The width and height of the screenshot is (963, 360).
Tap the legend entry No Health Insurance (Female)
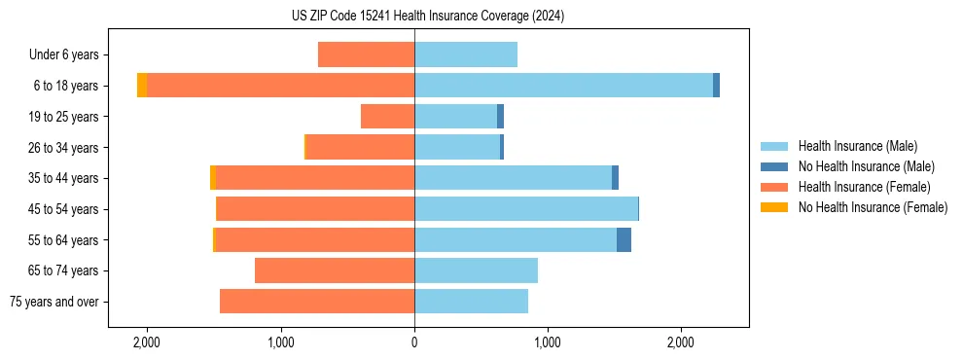[x=873, y=207]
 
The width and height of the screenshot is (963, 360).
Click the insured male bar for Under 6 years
[x=466, y=55]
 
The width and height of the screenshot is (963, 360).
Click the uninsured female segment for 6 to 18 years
[x=142, y=86]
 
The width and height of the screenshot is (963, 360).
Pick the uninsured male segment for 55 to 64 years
[x=624, y=239]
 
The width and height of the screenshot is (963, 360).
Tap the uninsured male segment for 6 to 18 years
[x=716, y=86]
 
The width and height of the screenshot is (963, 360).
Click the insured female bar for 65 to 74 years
[x=335, y=270]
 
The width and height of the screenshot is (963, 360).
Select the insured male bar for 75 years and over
[x=471, y=302]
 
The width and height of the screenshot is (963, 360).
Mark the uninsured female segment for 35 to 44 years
[x=213, y=178]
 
